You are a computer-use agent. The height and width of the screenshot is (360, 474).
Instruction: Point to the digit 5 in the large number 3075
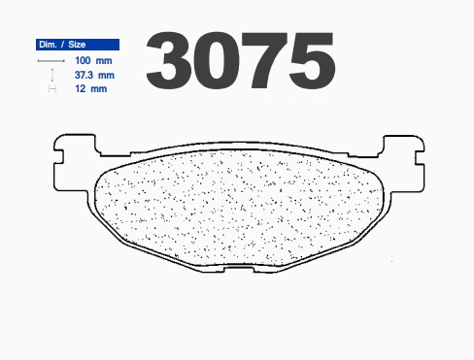point(312,61)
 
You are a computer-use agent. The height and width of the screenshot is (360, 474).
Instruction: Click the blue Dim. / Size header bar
point(78,45)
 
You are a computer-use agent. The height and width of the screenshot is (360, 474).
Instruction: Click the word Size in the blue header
point(77,45)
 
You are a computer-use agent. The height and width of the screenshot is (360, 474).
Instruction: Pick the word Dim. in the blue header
point(48,45)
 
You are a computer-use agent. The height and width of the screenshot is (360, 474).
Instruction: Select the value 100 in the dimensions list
point(83,60)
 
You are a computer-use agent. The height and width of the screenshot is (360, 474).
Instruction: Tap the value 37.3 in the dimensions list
point(84,75)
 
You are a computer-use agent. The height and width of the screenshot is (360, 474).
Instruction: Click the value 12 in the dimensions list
point(81,88)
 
